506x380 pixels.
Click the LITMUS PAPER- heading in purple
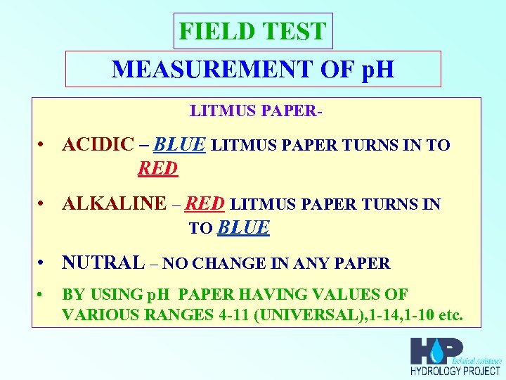coord(256,111)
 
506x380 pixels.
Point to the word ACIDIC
coord(97,145)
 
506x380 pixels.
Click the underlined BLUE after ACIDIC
coord(179,144)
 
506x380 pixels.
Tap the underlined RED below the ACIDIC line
coord(157,168)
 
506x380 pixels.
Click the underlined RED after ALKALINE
coord(205,203)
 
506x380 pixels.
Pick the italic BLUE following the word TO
coord(244,227)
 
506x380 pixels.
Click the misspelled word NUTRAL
coord(103,262)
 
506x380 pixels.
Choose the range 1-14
coord(379,314)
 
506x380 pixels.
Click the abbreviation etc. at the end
coord(450,314)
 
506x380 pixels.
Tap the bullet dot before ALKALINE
coord(43,205)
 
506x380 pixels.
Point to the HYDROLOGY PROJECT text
coord(455,371)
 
